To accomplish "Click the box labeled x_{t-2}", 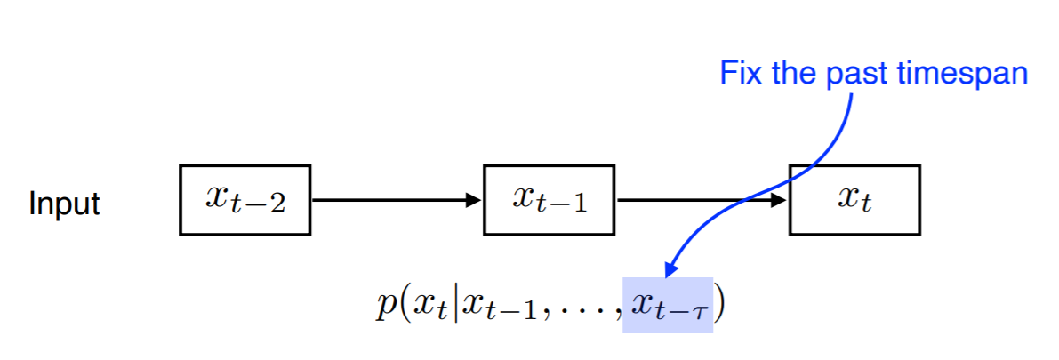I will click(x=245, y=200).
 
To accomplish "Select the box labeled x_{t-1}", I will click(x=549, y=200).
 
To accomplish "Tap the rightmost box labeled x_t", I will click(x=854, y=200).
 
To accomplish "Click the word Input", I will click(x=64, y=204).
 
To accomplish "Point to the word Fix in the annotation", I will click(x=740, y=73).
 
